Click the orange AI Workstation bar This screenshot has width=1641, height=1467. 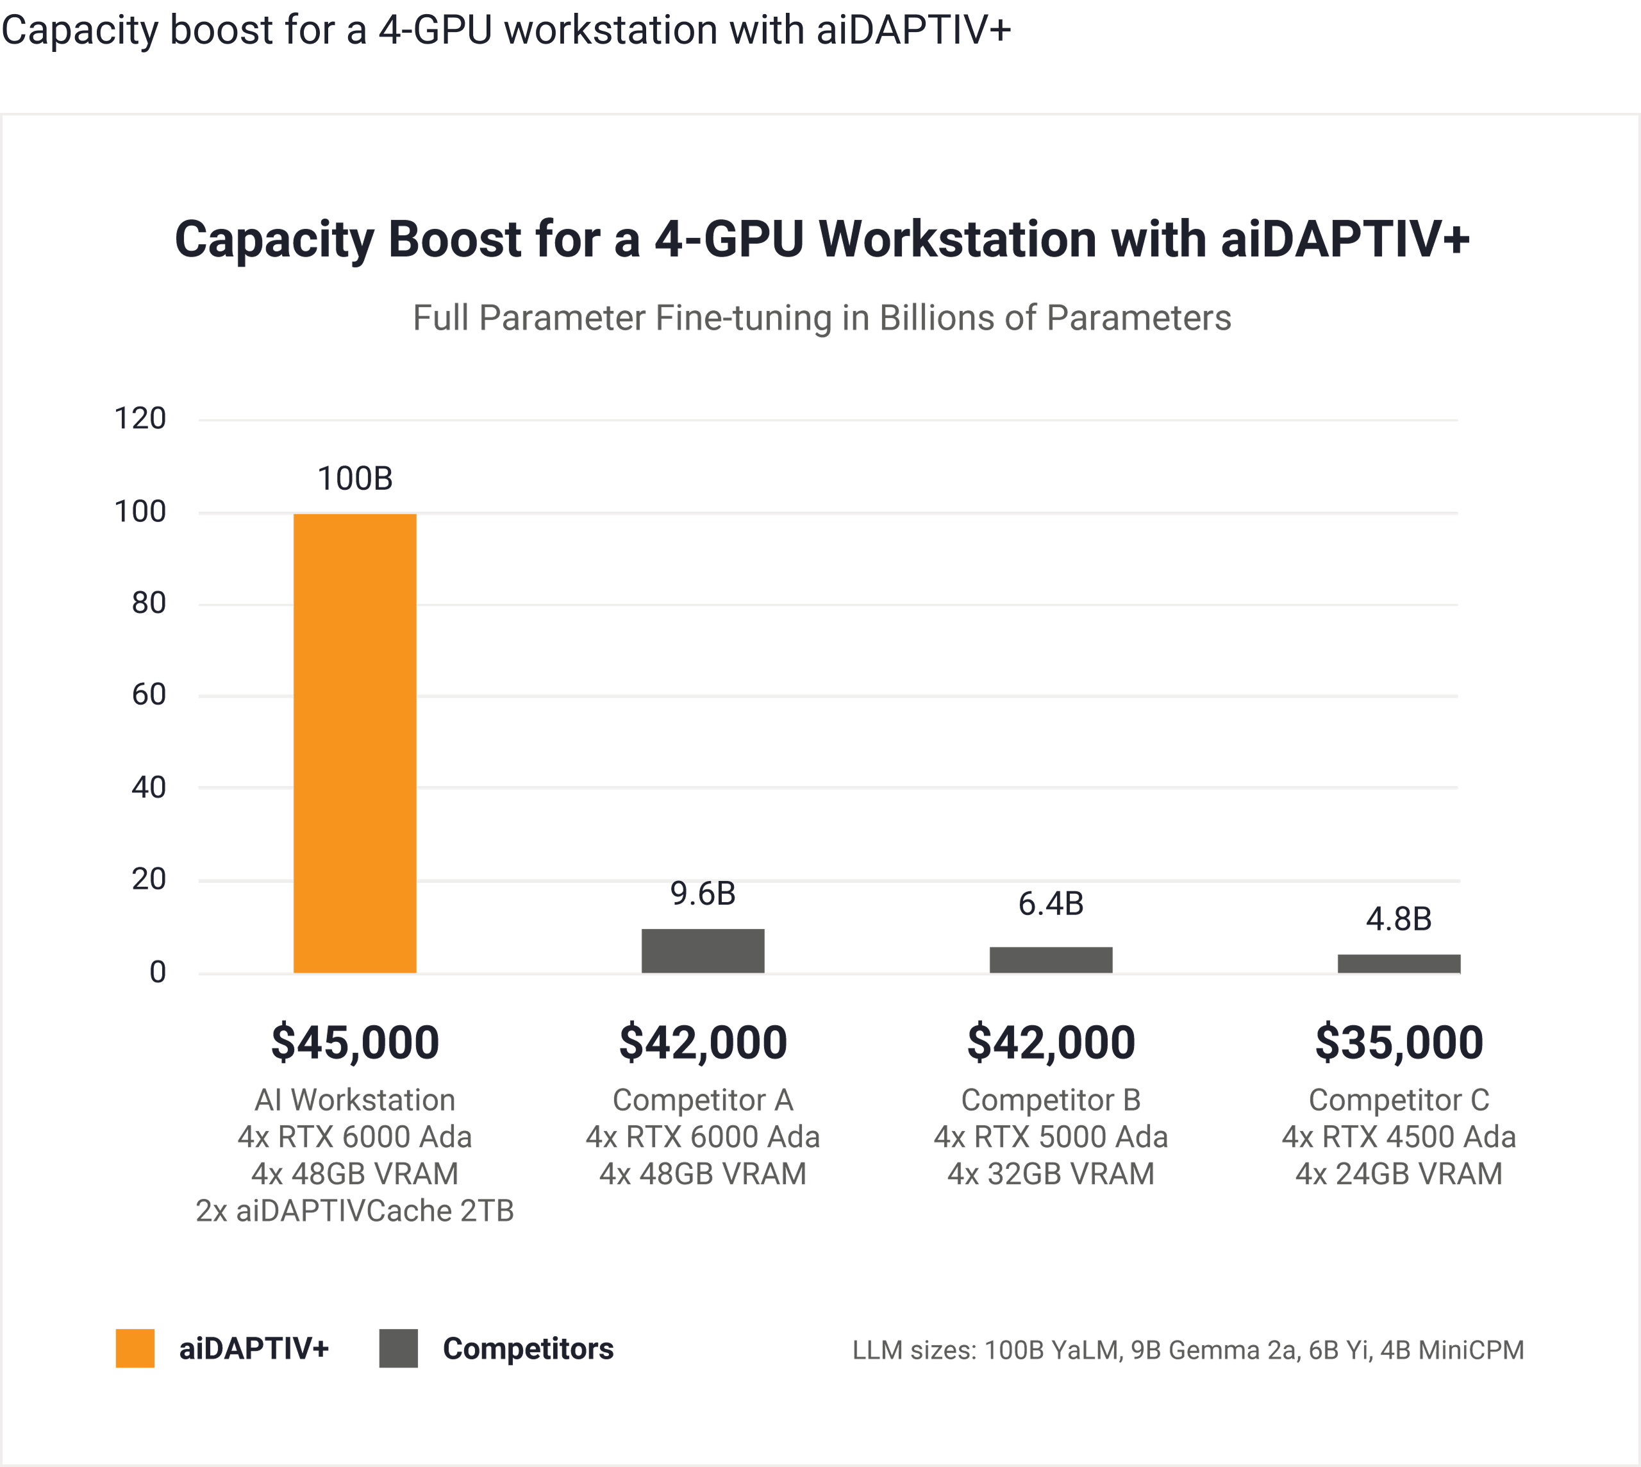(354, 742)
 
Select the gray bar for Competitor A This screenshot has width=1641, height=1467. (703, 950)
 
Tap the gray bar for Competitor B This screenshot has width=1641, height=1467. (1051, 959)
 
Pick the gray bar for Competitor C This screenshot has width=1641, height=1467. (1399, 963)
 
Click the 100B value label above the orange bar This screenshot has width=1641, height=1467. (354, 479)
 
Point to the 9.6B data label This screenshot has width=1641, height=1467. (703, 893)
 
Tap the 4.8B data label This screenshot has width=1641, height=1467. (1399, 919)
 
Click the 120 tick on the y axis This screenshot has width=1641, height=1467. (140, 418)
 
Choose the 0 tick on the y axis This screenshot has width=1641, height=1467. (158, 972)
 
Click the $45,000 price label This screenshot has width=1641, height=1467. (354, 1041)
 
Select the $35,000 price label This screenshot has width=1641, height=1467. (1399, 1041)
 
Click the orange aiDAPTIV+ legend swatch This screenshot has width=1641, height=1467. (135, 1348)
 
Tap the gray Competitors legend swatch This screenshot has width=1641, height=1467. (398, 1348)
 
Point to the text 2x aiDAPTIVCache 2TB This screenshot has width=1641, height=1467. (354, 1211)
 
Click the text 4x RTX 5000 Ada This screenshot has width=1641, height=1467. (1051, 1137)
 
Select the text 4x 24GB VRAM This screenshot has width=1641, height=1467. (1399, 1173)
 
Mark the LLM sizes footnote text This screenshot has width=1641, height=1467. (1188, 1349)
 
